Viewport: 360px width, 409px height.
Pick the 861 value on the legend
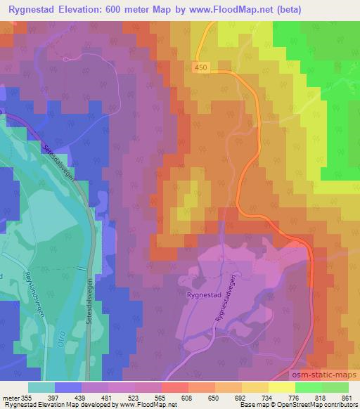(x=346, y=398)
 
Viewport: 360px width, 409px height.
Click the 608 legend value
(x=188, y=398)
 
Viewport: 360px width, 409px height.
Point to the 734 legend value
(x=267, y=398)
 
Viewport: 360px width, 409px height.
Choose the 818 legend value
(x=320, y=398)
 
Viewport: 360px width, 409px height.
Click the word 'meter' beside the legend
(x=10, y=398)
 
